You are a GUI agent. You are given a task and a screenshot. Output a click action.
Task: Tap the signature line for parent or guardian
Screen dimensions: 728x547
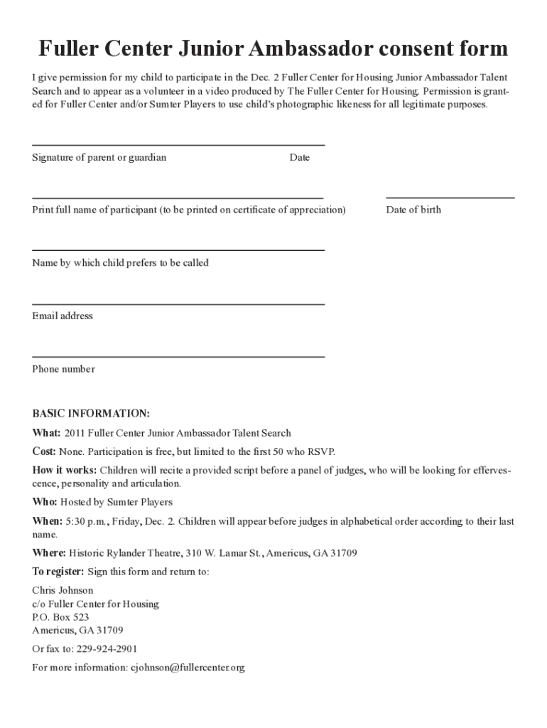pos(178,145)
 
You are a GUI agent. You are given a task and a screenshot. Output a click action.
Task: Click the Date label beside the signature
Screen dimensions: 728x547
pos(299,157)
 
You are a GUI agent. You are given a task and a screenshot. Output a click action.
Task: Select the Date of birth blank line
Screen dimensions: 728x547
pos(450,198)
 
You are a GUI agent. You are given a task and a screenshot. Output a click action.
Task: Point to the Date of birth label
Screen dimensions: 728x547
pos(413,210)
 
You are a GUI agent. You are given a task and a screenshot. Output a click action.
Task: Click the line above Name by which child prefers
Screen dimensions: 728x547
pos(178,250)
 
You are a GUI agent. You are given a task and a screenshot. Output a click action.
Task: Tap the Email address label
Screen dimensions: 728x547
pos(63,316)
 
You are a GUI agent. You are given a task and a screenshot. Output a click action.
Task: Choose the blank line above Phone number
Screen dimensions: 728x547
pos(178,356)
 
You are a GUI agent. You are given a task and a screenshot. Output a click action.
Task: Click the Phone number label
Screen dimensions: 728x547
pos(63,369)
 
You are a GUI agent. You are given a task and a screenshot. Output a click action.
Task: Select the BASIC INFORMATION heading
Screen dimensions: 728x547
pos(91,414)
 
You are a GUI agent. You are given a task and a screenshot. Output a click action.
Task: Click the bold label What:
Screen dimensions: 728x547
pos(47,432)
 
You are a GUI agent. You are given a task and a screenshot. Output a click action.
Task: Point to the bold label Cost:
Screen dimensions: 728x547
pos(44,451)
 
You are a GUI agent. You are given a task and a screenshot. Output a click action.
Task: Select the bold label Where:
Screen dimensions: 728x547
pos(49,552)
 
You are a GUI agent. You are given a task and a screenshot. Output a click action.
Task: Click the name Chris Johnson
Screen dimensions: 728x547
pos(63,590)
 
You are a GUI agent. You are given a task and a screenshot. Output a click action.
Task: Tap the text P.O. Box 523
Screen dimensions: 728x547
pos(60,617)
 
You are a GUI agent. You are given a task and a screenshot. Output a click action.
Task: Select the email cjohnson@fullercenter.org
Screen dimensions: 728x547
pos(187,668)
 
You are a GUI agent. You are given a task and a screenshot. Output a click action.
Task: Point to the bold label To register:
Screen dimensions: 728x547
pos(58,572)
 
